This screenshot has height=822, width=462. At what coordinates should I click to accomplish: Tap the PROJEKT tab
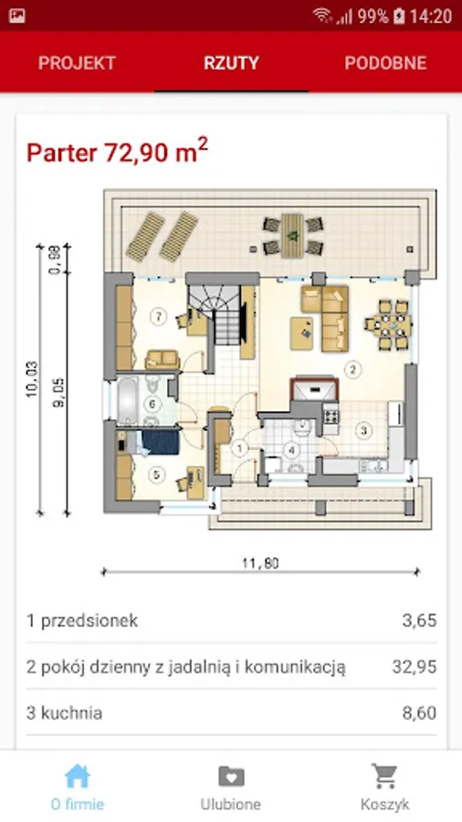(77, 63)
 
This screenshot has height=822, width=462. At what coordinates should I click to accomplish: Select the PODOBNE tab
(385, 63)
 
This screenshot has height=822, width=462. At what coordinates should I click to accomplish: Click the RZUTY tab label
(231, 63)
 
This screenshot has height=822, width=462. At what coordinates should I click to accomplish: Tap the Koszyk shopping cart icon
(384, 775)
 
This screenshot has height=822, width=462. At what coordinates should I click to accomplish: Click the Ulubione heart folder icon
(231, 776)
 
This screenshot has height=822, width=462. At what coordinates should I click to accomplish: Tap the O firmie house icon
(77, 775)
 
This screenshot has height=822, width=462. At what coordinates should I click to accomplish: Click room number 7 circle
(158, 316)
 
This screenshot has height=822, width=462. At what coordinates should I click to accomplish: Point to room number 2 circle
(353, 370)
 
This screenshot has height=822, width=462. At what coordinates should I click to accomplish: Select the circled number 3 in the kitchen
(363, 431)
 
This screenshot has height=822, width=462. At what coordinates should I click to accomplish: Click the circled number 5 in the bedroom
(156, 475)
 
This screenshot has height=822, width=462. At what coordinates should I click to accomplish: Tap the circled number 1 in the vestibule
(240, 448)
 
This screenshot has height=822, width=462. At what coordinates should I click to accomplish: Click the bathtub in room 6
(127, 401)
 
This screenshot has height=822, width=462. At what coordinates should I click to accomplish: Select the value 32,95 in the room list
(415, 667)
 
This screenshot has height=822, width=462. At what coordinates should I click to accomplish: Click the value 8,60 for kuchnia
(419, 713)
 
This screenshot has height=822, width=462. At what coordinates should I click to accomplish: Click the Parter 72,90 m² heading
(118, 151)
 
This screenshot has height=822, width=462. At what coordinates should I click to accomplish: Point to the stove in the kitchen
(331, 416)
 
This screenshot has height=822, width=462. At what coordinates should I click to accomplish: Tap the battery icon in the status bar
(399, 16)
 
